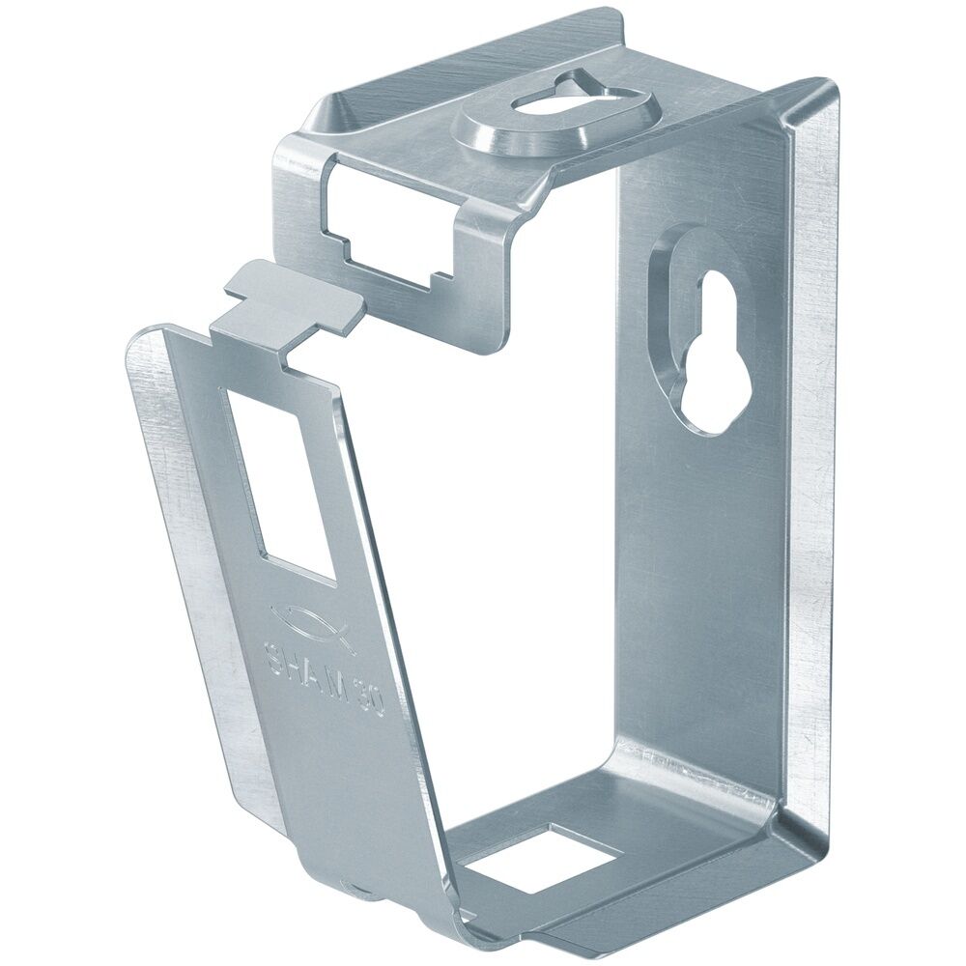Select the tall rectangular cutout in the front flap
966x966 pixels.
coord(280,483)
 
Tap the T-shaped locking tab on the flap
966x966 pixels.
coord(290,299)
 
